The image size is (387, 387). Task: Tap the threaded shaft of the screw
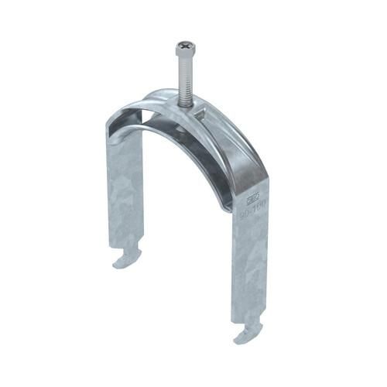(186, 77)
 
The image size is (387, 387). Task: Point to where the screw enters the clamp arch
(187, 101)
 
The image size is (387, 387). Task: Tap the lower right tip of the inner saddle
(228, 204)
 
